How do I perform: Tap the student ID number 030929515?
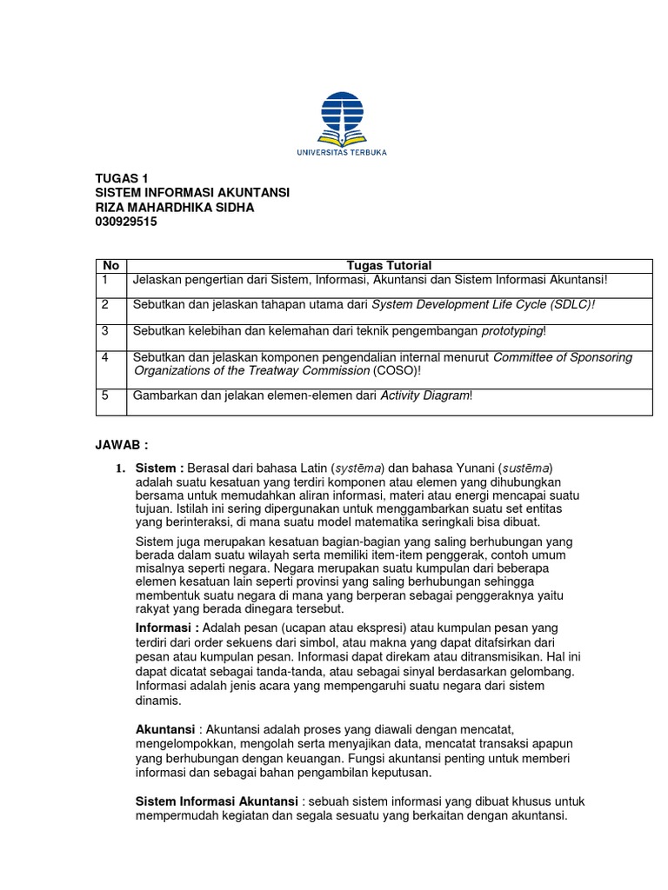tap(126, 222)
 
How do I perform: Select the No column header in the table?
tap(110, 265)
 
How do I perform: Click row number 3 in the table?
tap(104, 331)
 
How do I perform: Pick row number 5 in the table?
tap(104, 395)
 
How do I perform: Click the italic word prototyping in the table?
tap(512, 331)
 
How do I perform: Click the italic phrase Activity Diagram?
tap(424, 395)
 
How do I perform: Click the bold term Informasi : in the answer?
tap(168, 628)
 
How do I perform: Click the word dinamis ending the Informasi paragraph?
tap(158, 700)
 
